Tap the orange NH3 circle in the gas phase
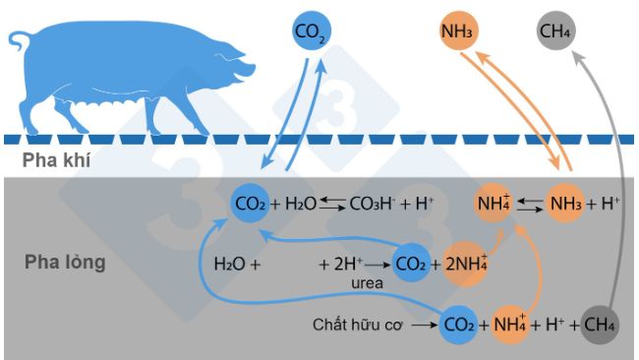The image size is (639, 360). click(458, 31)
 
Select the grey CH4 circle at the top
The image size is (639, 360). click(556, 31)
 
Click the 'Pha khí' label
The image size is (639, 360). click(58, 160)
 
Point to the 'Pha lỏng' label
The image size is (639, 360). click(65, 264)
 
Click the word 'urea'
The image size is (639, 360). click(366, 282)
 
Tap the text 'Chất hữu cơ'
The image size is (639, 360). click(360, 324)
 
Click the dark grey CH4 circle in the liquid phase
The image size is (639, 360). click(598, 324)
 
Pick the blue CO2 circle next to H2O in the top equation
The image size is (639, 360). click(248, 204)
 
